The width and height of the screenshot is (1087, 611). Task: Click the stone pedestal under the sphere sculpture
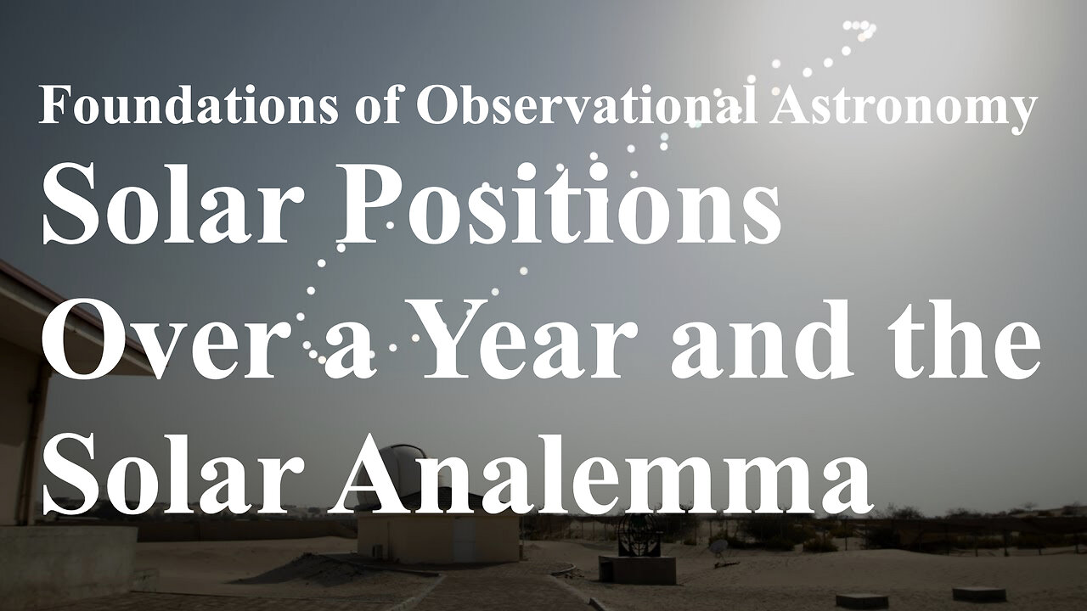point(637,569)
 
